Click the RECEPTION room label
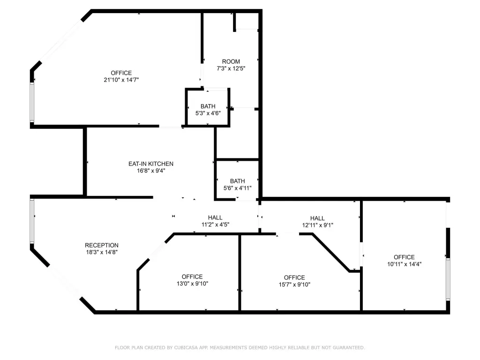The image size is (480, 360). coord(102,245)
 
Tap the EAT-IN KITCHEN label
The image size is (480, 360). coord(151,164)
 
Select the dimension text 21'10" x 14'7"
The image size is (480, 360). coord(121,80)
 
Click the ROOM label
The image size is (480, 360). coord(231,61)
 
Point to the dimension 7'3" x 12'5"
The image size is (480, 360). coord(231,68)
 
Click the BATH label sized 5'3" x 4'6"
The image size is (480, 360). coord(208,106)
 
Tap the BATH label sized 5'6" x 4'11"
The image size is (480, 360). coord(238,181)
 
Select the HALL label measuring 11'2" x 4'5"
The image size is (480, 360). coord(215,217)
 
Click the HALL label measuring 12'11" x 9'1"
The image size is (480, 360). coord(317,218)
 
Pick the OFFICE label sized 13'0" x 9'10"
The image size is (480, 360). coord(192,277)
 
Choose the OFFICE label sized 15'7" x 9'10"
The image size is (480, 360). coord(294,277)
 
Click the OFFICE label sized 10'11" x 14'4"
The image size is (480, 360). coord(405,257)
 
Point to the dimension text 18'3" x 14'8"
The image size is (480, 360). coord(102,252)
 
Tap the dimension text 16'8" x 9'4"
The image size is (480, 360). coord(151,171)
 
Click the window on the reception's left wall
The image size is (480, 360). coord(32,221)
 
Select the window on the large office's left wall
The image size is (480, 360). coord(32,103)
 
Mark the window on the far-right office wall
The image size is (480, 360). coord(448,279)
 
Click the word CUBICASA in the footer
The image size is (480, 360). coord(186,347)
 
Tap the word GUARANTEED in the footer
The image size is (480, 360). coord(349,347)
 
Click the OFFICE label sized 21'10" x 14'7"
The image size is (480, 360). coord(121,73)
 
